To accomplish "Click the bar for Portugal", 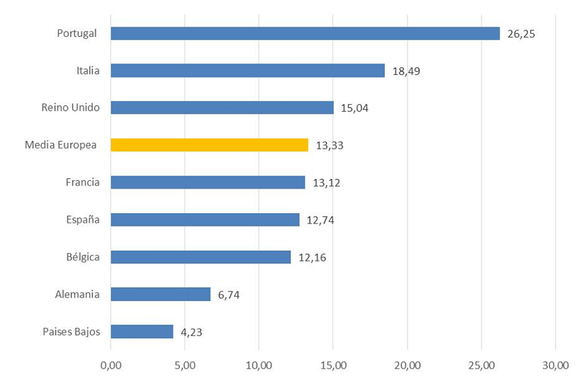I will point(305,33).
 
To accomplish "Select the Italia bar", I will point(247,71).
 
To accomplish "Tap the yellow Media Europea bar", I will point(209,145).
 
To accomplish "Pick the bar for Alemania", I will point(160,294).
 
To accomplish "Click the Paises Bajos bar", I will point(142,332).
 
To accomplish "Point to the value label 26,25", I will point(521,34).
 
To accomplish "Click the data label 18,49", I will point(406,71).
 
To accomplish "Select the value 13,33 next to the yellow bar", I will point(329,146).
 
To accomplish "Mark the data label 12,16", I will point(312,257).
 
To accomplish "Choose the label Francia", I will point(82,182).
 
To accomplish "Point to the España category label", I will point(82,220).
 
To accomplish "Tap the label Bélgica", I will point(82,257).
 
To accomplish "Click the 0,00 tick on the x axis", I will point(111,366).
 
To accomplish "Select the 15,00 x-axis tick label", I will point(333,366).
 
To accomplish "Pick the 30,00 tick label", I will point(554,366).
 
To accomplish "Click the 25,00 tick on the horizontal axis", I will point(481,366).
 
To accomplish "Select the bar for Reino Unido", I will point(222,108).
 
